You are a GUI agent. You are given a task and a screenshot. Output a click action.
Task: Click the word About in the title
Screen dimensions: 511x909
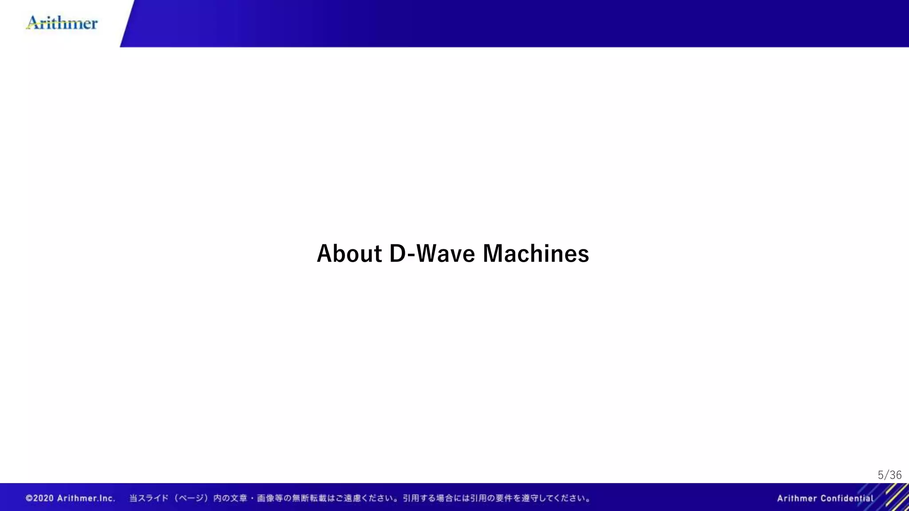click(349, 254)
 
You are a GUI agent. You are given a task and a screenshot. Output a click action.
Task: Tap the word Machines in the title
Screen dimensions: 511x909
click(536, 254)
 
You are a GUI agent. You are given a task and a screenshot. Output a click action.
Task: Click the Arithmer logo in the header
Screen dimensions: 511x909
click(62, 23)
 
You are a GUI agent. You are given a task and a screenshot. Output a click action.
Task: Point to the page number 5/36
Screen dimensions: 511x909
click(889, 475)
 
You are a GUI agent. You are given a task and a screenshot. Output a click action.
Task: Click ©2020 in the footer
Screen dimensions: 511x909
click(40, 498)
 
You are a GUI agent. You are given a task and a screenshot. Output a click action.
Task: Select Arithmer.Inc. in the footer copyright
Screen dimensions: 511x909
click(86, 498)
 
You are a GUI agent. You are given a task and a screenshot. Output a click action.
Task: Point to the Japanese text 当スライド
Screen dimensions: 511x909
click(149, 498)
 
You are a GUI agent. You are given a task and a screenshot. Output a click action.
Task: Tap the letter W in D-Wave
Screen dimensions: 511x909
click(428, 254)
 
